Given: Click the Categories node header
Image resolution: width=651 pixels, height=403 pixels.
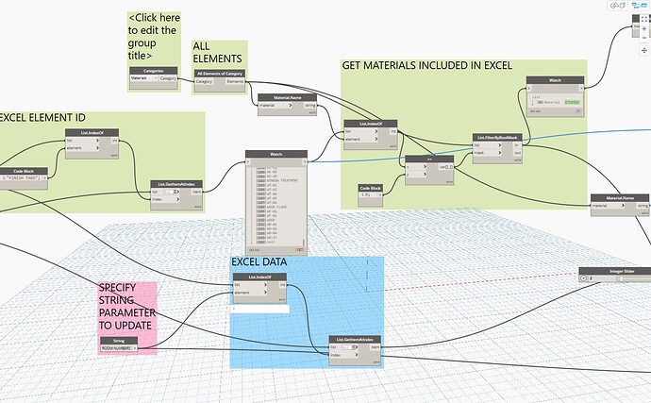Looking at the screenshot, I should (154, 70).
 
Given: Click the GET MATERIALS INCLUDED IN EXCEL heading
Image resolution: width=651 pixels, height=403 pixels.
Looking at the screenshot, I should (426, 66).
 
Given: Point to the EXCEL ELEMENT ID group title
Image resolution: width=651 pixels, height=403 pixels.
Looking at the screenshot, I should (42, 117).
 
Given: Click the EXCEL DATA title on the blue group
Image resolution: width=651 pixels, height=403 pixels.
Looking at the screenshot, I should (260, 261).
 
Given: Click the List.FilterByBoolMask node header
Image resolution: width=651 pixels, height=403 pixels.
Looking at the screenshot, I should (500, 137).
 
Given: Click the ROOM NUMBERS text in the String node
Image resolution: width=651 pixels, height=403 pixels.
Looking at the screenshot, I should (116, 348).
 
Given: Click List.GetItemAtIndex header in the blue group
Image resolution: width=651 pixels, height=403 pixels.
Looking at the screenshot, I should (355, 338).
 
